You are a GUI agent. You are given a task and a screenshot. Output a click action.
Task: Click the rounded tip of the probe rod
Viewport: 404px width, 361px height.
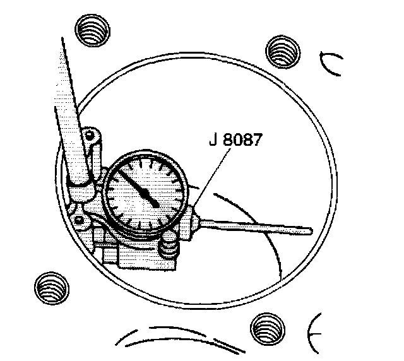[x=311, y=231]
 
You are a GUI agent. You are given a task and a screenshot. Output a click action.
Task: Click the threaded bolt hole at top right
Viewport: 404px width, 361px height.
[x=281, y=50]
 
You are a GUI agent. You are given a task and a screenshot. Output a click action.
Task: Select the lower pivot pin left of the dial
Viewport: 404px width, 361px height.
[x=80, y=219]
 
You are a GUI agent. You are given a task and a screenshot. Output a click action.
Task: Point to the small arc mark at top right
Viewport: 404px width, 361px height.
[x=331, y=63]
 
